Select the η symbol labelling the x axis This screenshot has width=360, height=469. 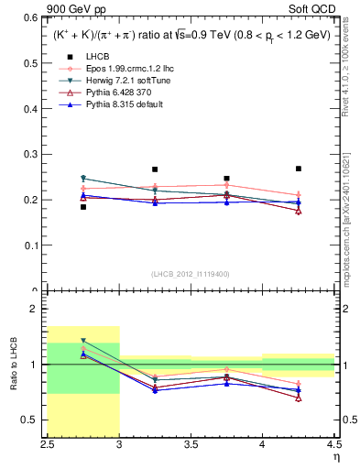[336, 457]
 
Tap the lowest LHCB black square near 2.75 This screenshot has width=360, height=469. [83, 207]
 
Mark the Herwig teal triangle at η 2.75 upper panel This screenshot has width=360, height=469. [83, 179]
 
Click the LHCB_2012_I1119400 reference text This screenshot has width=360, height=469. [191, 273]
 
